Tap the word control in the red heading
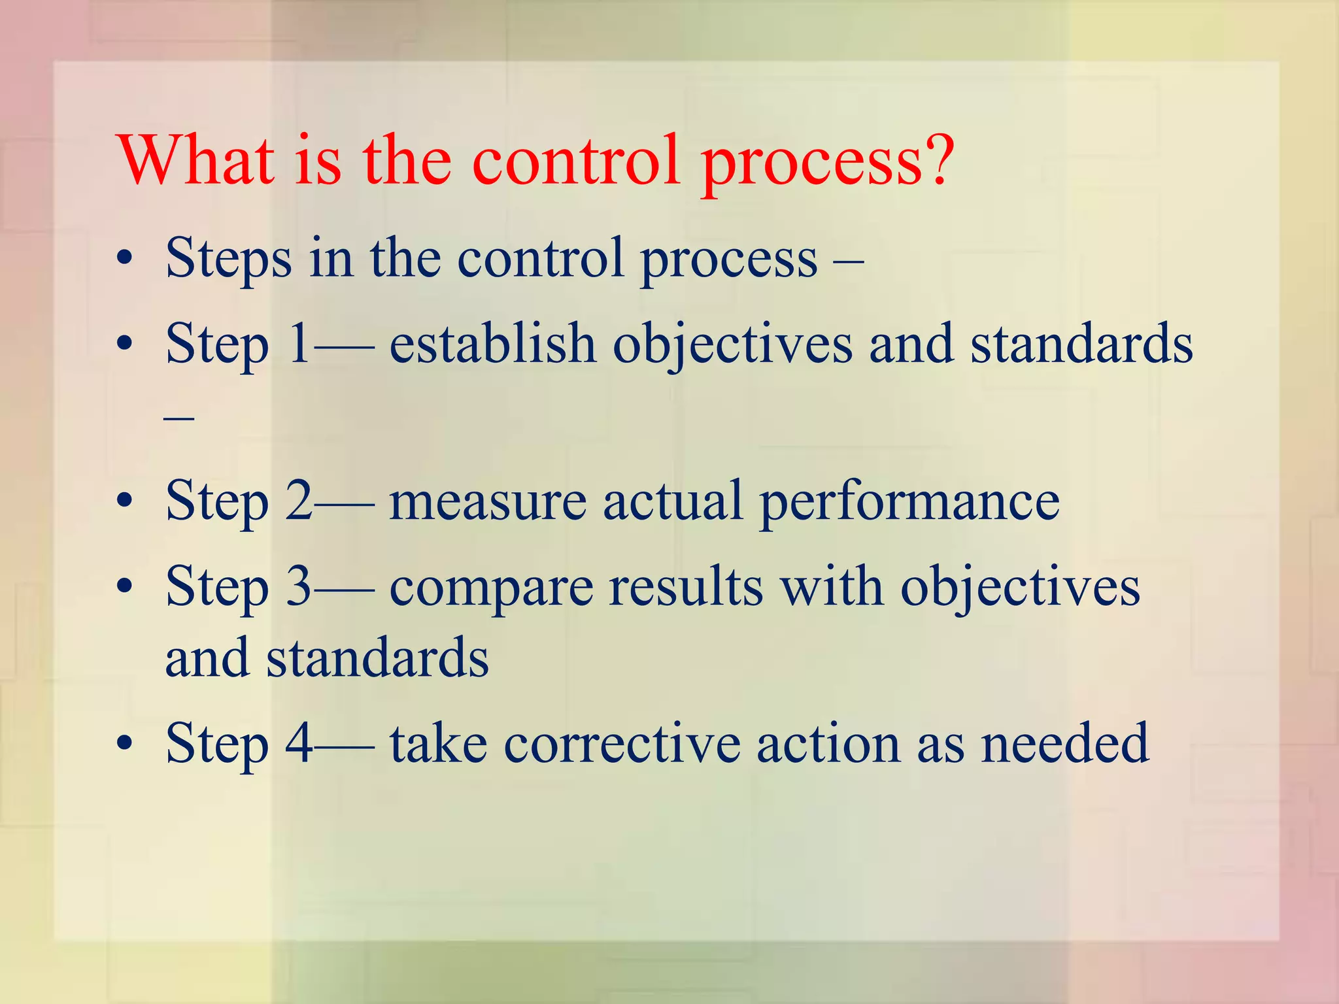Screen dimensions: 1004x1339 (575, 160)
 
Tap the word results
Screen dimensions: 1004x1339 (686, 586)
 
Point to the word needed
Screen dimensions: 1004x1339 (1065, 743)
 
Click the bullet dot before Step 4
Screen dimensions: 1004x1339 (124, 743)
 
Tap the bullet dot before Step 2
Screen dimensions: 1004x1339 (124, 501)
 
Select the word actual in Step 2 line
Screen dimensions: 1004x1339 (673, 501)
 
